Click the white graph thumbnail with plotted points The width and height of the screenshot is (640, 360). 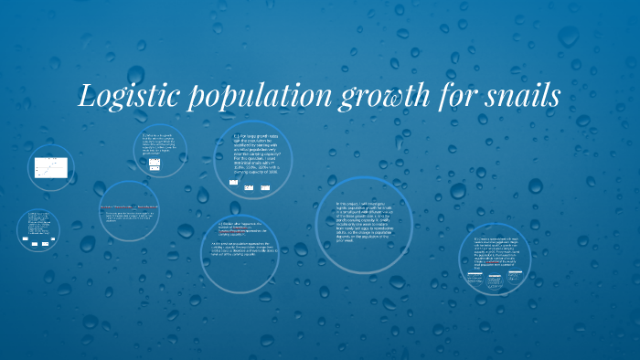click(50, 167)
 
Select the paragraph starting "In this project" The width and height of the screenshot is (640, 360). click(363, 219)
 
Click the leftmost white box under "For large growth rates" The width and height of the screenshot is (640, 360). click(234, 184)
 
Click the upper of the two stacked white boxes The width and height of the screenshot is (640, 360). click(155, 162)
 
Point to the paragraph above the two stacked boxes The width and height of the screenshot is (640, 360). click(158, 145)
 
